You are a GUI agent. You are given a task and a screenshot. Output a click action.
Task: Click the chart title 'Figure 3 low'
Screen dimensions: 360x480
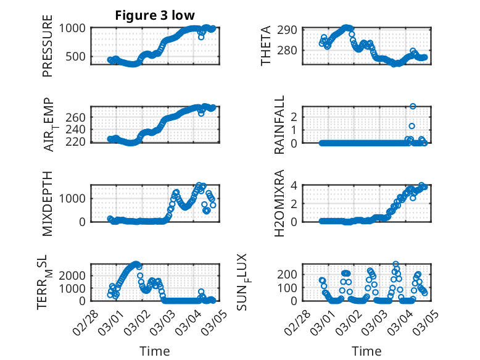154,15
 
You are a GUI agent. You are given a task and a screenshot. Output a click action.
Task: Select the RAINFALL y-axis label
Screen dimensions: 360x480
279,125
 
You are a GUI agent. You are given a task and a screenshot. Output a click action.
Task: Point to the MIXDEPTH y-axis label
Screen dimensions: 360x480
48,203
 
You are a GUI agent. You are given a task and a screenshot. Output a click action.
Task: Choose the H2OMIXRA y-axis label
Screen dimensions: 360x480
279,203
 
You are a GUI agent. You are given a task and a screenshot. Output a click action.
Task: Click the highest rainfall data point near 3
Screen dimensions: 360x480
413,106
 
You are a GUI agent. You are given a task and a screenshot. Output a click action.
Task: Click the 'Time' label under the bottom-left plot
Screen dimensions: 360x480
154,351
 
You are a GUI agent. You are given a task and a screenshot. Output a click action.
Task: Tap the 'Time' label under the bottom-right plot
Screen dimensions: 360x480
366,351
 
